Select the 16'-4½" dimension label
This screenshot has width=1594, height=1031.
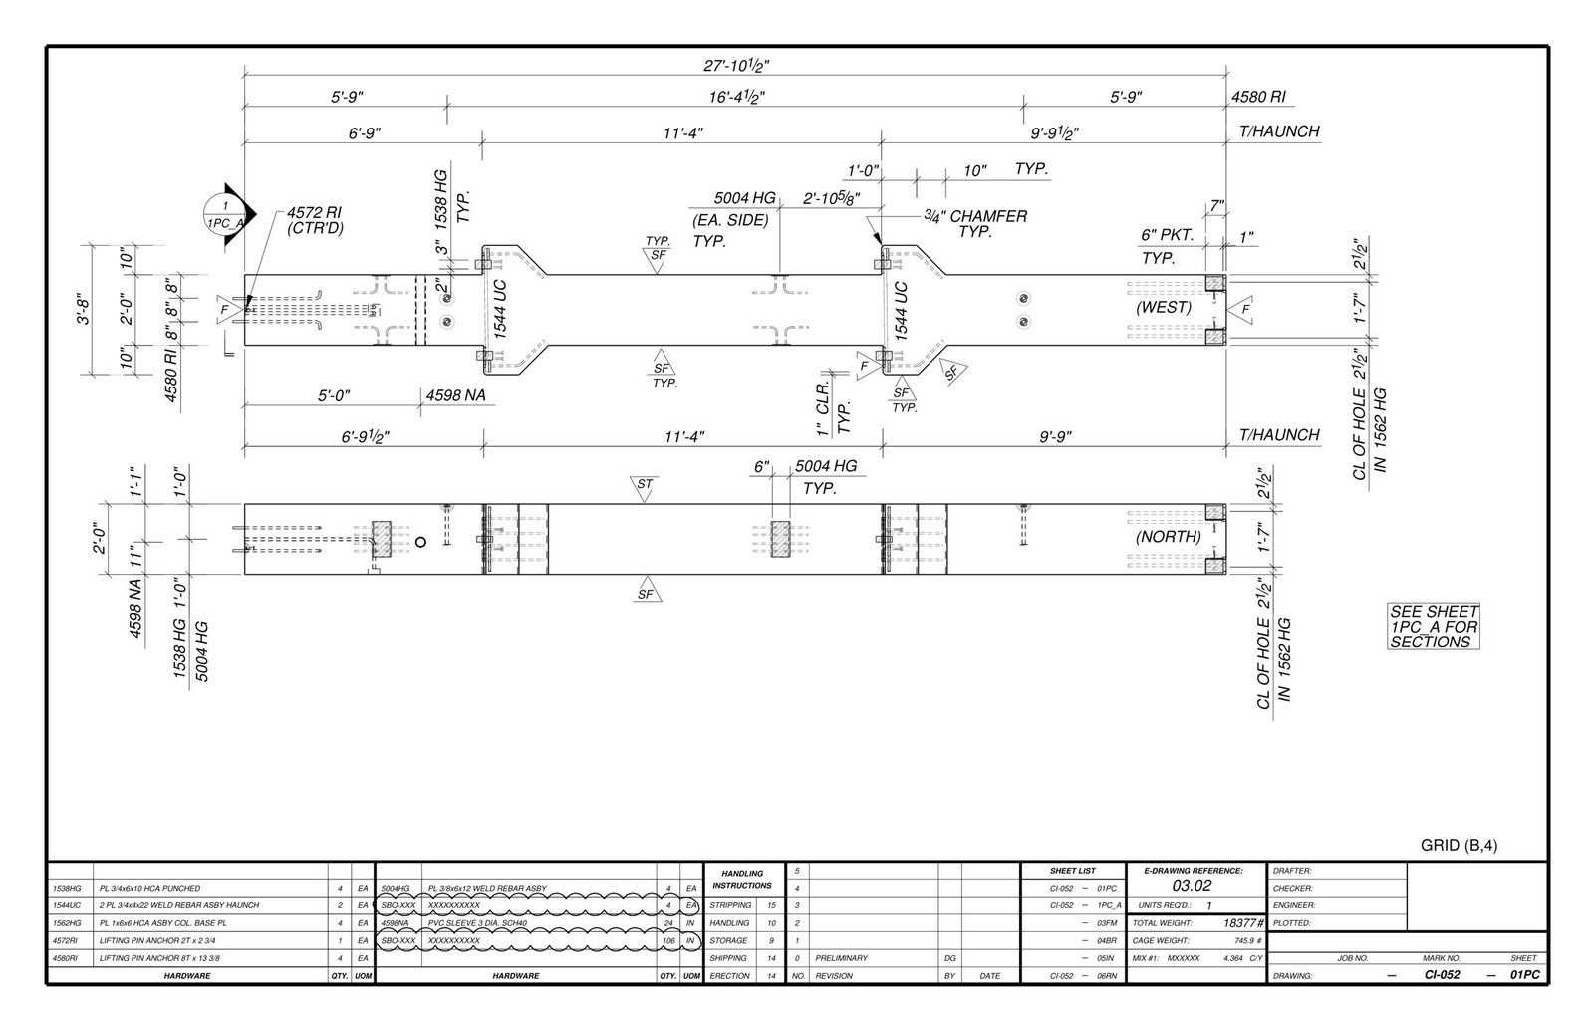[x=735, y=98]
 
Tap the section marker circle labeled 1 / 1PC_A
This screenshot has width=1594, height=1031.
[x=225, y=215]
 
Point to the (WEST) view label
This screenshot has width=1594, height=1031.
[x=1163, y=307]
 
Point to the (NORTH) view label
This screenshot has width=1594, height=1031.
[x=1168, y=536]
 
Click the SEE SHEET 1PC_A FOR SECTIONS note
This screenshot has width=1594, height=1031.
[x=1434, y=627]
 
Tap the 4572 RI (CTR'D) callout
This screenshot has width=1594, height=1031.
[x=316, y=220]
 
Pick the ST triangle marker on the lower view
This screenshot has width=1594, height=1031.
[x=645, y=485]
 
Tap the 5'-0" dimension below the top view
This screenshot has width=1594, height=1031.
[x=337, y=395]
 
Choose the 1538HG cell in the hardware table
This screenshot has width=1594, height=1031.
[x=68, y=888]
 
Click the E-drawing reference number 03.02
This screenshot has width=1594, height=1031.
[x=1192, y=886]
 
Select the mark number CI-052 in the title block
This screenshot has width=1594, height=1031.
[x=1442, y=975]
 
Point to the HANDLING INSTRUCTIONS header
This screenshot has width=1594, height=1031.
[x=741, y=879]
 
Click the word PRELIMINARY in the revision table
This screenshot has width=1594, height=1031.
[x=842, y=958]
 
